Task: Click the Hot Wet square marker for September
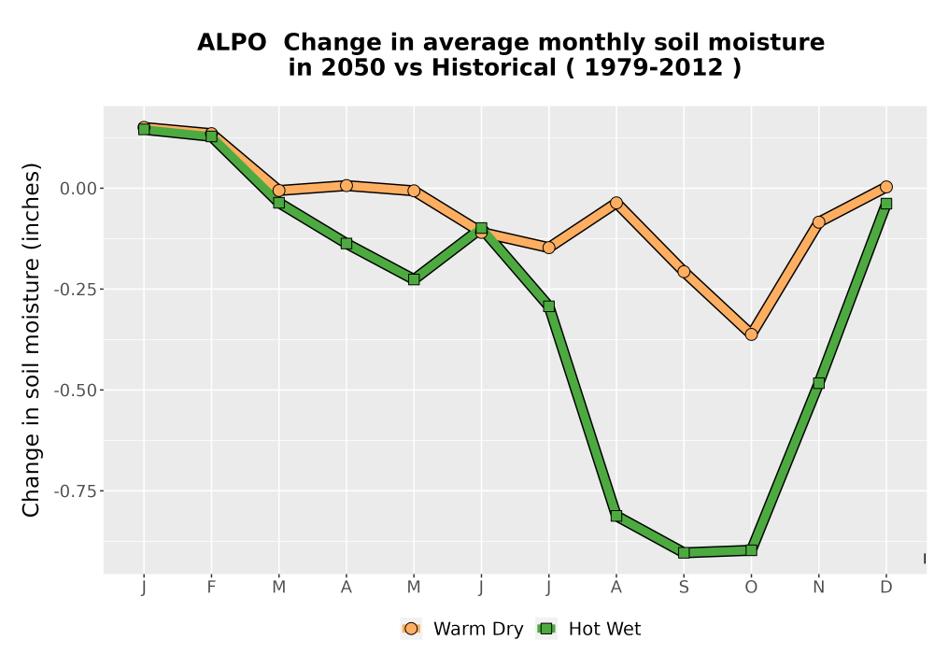pyautogui.click(x=684, y=553)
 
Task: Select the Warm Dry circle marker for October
pyautogui.click(x=751, y=334)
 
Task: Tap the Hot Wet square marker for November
pyautogui.click(x=818, y=383)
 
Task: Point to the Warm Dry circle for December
pyautogui.click(x=885, y=187)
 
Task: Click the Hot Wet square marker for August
pyautogui.click(x=616, y=516)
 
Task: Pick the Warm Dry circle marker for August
pyautogui.click(x=616, y=203)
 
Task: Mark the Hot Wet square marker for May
pyautogui.click(x=414, y=279)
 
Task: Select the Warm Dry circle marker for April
pyautogui.click(x=347, y=185)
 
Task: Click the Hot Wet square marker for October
pyautogui.click(x=751, y=549)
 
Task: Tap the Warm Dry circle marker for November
pyautogui.click(x=818, y=222)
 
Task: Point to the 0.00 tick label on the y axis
pyautogui.click(x=78, y=189)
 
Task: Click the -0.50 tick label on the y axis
pyautogui.click(x=75, y=391)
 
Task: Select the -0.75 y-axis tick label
pyautogui.click(x=75, y=491)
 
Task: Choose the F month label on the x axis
pyautogui.click(x=211, y=588)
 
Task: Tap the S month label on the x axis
pyautogui.click(x=684, y=588)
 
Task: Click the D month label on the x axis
pyautogui.click(x=885, y=588)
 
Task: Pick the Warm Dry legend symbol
pyautogui.click(x=411, y=629)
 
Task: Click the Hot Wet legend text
pyautogui.click(x=604, y=629)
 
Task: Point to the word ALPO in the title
pyautogui.click(x=232, y=43)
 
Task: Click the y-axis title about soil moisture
pyautogui.click(x=31, y=339)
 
